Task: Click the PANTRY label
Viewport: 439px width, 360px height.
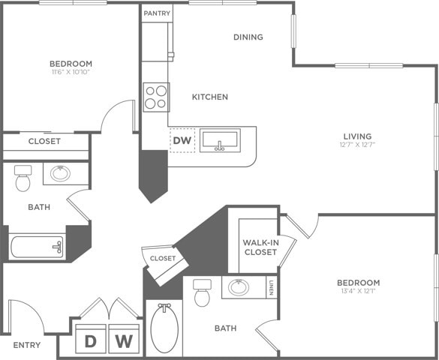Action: click(157, 13)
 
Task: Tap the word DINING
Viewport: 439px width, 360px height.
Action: click(248, 37)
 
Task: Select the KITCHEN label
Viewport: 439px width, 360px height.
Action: click(209, 97)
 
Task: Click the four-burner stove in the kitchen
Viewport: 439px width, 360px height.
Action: click(155, 97)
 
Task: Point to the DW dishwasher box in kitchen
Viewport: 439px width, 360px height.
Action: click(182, 140)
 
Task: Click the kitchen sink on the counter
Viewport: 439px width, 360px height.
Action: click(220, 140)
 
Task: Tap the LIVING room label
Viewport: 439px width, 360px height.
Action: click(358, 136)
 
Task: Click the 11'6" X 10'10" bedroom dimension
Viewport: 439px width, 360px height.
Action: click(71, 73)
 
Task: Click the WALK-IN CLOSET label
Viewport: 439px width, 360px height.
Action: click(260, 247)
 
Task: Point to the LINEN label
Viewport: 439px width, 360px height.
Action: click(271, 287)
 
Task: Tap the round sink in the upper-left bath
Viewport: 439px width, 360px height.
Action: click(60, 174)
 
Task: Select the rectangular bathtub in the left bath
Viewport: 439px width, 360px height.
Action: click(38, 246)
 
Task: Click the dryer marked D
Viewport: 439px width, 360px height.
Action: click(90, 341)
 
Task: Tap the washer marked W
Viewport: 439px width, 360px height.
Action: click(125, 341)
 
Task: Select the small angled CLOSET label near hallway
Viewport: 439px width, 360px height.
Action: click(163, 258)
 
